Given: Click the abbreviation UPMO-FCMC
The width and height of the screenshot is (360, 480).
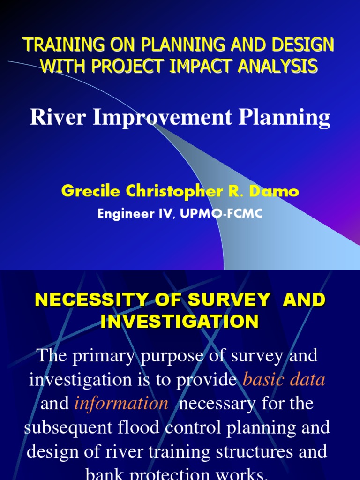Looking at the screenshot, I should (x=226, y=214).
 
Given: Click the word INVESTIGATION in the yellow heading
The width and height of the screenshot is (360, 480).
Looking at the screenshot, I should (x=180, y=322).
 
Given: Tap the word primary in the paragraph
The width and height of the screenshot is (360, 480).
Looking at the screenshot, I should (x=102, y=356).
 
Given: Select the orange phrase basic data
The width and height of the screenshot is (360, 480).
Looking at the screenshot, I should (x=284, y=380).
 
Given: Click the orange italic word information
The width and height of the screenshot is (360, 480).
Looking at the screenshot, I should (x=121, y=404).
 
